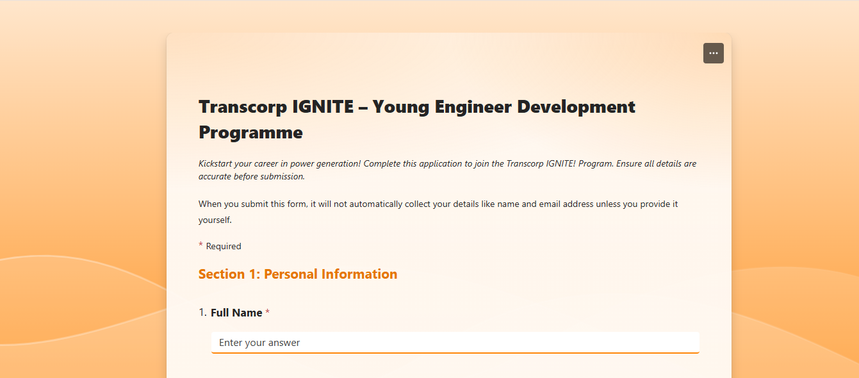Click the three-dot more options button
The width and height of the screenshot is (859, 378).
[713, 53]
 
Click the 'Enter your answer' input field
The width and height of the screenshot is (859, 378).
[455, 343]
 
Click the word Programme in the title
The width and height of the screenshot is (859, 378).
[250, 133]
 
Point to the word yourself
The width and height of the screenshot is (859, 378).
[214, 220]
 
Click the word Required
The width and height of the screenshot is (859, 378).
[224, 247]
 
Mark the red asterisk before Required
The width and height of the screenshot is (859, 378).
[200, 245]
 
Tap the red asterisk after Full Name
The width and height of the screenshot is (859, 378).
[268, 312]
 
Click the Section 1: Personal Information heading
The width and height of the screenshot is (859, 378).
[298, 274]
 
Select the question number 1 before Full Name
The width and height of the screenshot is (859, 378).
[202, 313]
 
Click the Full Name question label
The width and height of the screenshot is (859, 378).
[236, 313]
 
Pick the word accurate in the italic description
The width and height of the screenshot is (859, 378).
[215, 177]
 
